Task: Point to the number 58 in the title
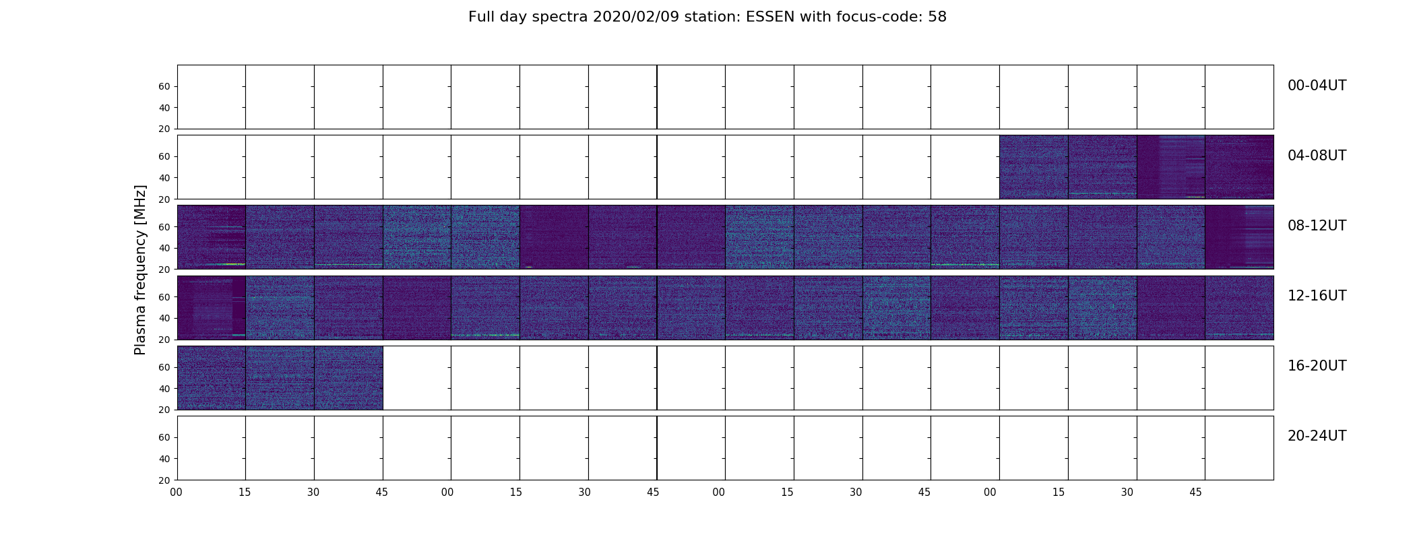coord(937,17)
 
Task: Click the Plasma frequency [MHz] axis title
coord(140,269)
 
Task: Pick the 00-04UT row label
coord(1317,86)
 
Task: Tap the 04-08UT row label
coord(1317,156)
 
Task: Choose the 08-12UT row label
coord(1317,226)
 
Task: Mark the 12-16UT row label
coord(1317,296)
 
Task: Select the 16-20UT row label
coord(1317,366)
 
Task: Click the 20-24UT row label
coord(1317,436)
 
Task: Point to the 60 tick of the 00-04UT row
coord(164,86)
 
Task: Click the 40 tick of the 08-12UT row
coord(164,248)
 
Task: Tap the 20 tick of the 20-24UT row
coord(164,480)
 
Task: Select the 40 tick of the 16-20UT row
coord(164,389)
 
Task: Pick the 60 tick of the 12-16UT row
coord(164,296)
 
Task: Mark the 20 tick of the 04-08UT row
coord(164,199)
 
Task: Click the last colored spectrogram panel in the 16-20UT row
coord(348,378)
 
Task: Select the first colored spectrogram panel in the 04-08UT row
coord(1034,167)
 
